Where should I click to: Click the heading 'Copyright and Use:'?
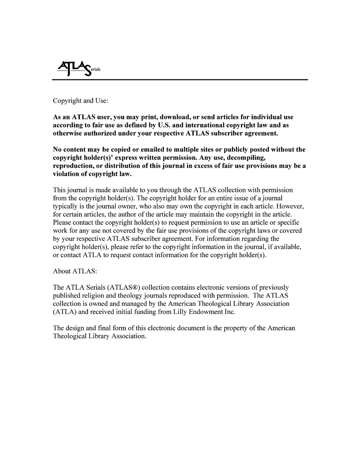click(x=80, y=101)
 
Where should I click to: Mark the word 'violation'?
click(x=67, y=174)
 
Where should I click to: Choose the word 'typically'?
click(x=65, y=206)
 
